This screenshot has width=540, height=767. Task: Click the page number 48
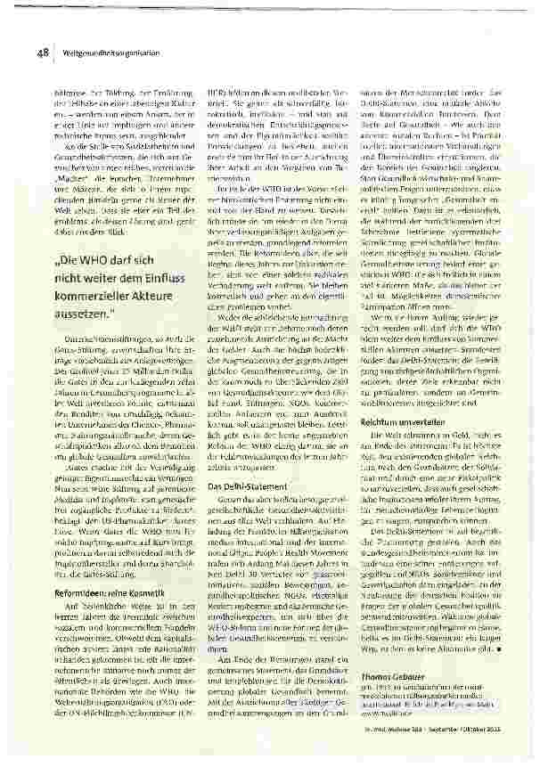coord(42,54)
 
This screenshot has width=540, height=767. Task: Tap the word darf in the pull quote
coord(128,264)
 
